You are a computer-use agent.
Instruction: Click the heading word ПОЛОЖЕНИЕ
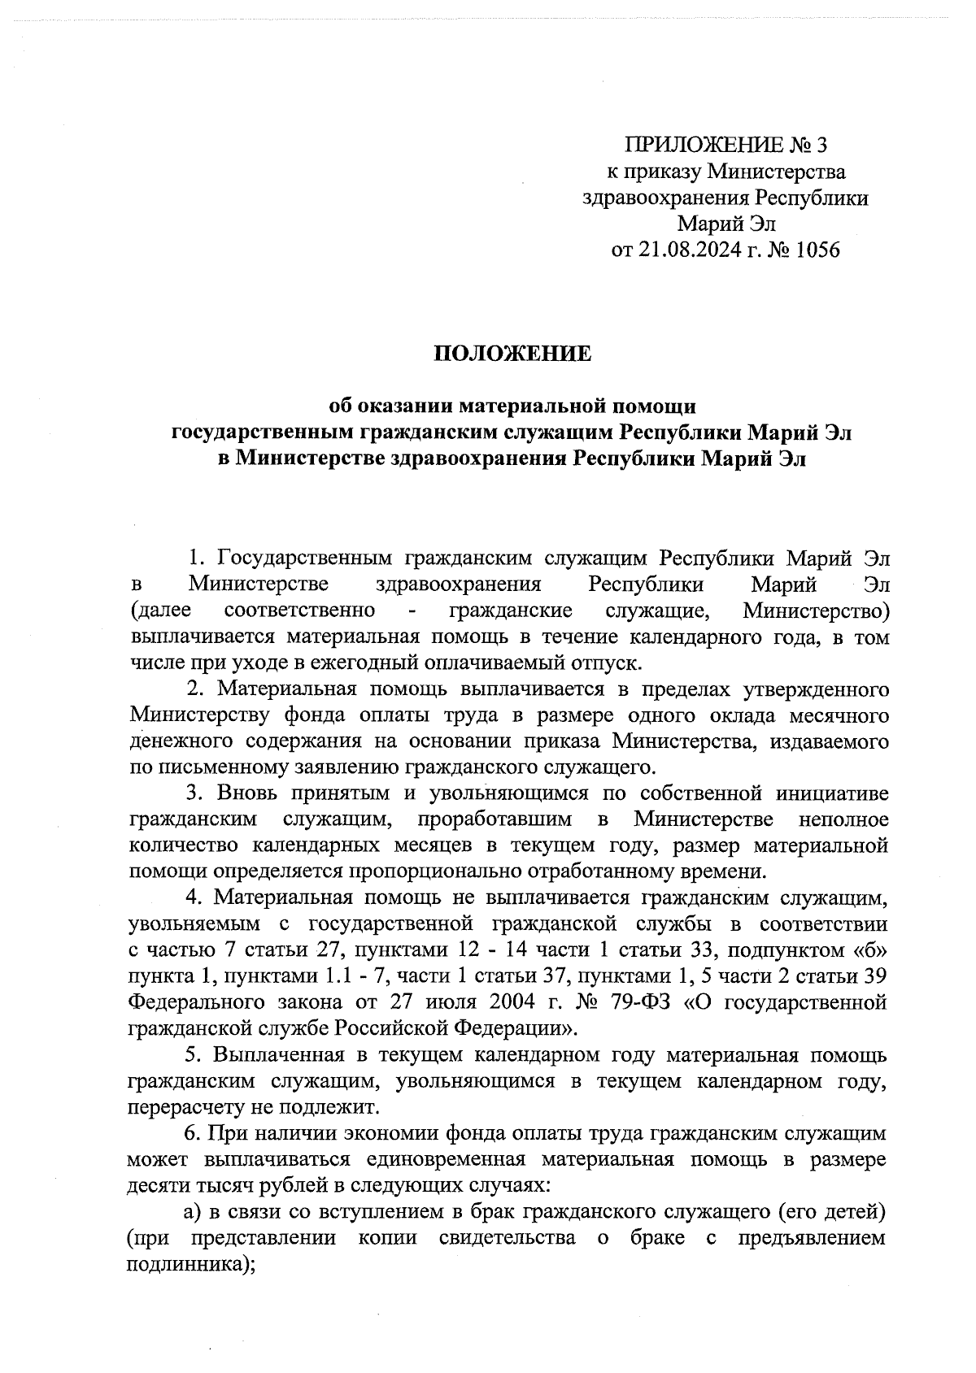coord(512,354)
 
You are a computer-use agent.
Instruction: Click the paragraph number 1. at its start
coord(194,558)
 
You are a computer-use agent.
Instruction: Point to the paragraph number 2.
coord(194,689)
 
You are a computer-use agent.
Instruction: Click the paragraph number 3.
coord(194,793)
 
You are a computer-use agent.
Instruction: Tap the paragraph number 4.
coord(194,897)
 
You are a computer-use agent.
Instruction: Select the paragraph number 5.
coord(194,1055)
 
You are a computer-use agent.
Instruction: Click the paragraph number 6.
coord(194,1133)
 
